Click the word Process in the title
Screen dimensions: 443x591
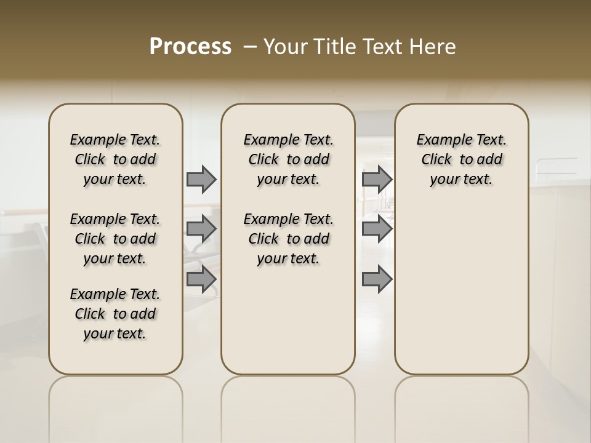tap(190, 47)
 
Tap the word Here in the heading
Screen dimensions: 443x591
tap(433, 47)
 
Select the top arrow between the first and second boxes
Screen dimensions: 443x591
tap(201, 180)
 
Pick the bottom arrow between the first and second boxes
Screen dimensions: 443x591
tap(201, 279)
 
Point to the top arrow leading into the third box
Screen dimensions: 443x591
tap(377, 180)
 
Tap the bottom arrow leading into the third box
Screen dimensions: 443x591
tap(377, 279)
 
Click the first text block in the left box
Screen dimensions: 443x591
tap(115, 159)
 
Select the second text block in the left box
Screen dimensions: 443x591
tap(115, 239)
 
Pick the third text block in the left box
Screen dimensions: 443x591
tap(115, 314)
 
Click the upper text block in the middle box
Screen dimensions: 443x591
tap(288, 159)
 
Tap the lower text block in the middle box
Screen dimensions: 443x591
tap(288, 239)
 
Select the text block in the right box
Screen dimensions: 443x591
tap(461, 159)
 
